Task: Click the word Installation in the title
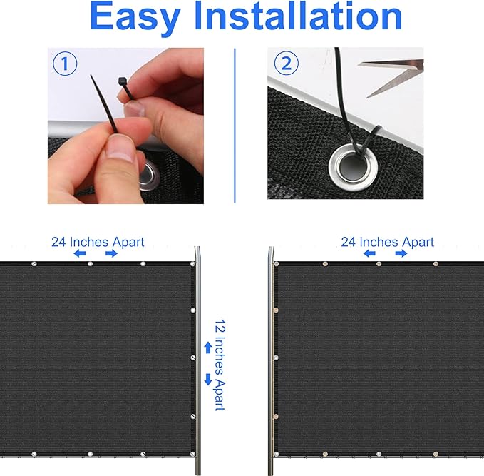(298, 16)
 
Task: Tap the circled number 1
(65, 64)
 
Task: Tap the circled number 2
(286, 64)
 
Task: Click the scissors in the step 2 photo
(391, 76)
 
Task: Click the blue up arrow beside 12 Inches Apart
(208, 348)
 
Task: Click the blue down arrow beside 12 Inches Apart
(208, 380)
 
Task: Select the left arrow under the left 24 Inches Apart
(80, 254)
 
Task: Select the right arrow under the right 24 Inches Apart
(401, 254)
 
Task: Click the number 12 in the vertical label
(220, 327)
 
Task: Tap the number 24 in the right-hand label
(349, 242)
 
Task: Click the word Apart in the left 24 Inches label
(128, 243)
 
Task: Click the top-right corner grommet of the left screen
(193, 264)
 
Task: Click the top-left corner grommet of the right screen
(277, 264)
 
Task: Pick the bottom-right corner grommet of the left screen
(193, 454)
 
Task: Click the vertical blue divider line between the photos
(235, 126)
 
